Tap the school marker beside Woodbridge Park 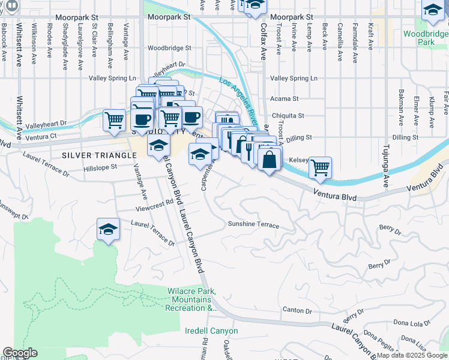pos(432,11)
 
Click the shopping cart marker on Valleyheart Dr pos(114,119)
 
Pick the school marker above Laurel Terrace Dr pos(108,230)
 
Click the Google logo pos(20,353)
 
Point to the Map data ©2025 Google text pos(412,355)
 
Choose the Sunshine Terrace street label pos(253,225)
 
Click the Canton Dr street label pos(297,310)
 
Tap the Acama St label pos(284,98)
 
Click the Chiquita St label pos(288,115)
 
